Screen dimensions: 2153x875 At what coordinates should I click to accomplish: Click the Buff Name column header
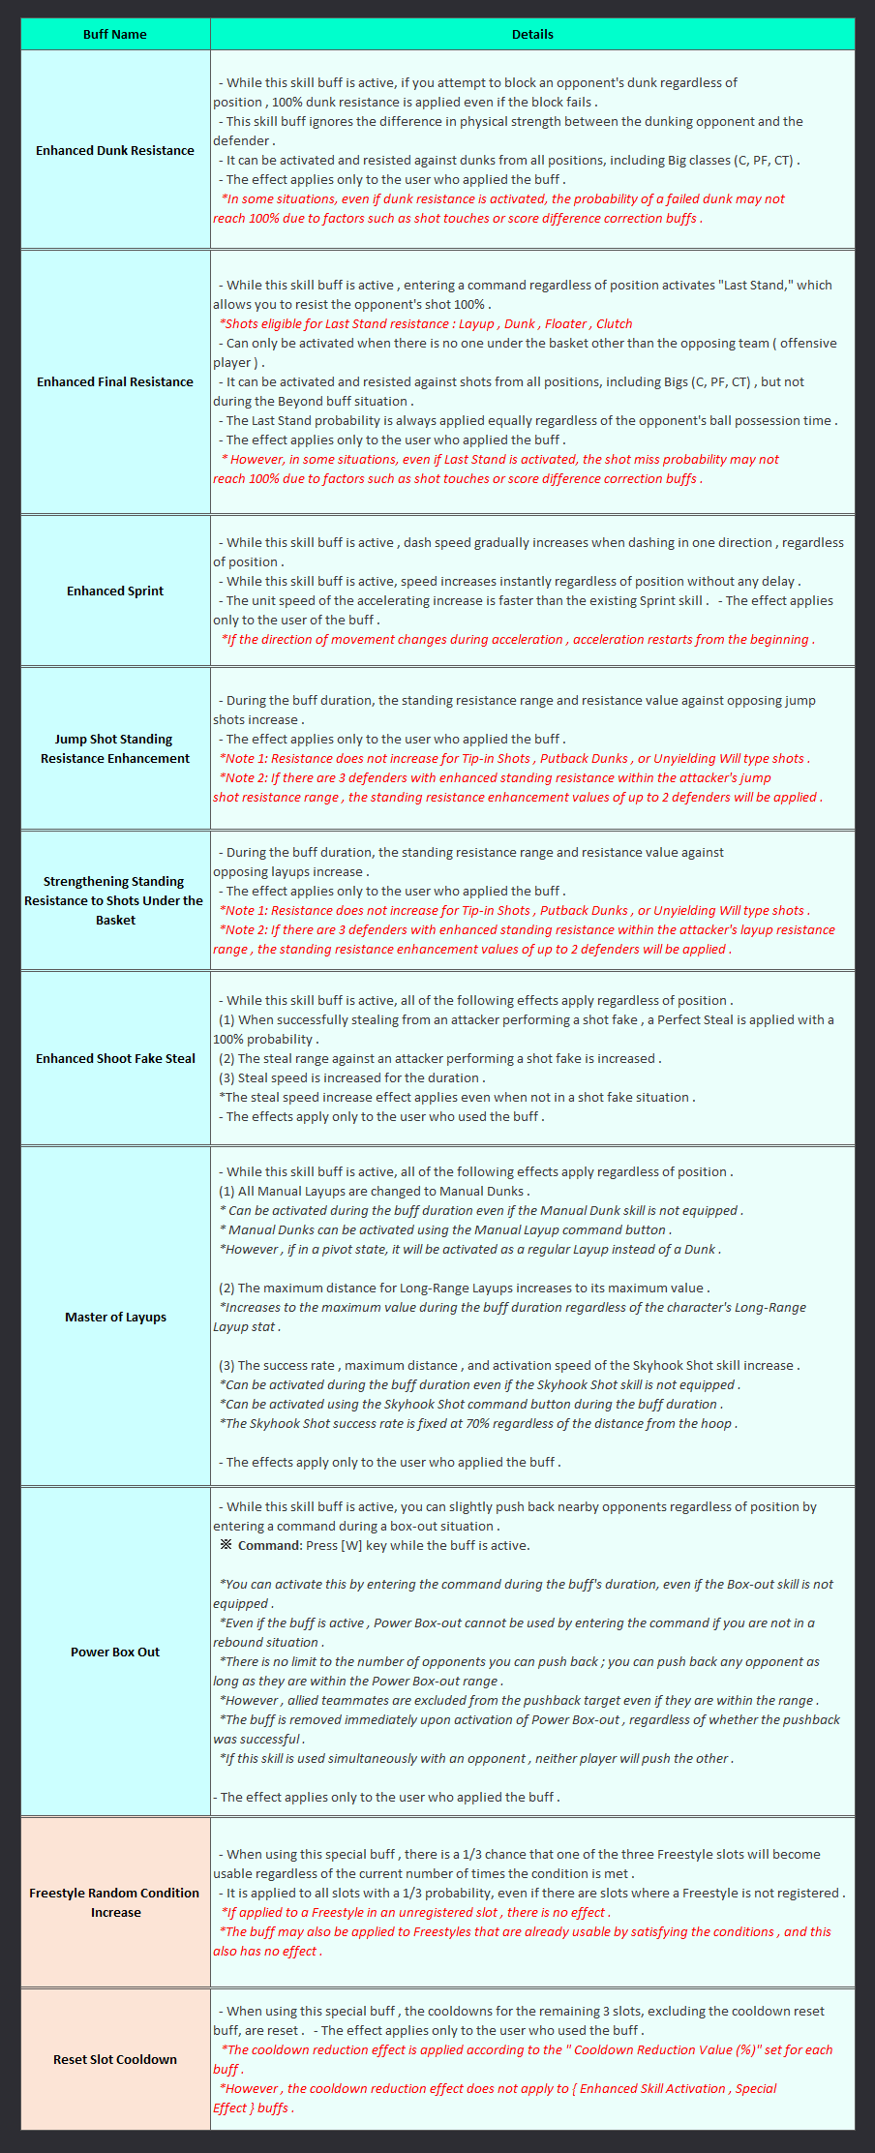point(115,34)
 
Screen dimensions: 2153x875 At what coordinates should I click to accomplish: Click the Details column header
point(532,34)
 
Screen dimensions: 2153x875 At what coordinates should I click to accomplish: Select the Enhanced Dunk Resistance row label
point(115,150)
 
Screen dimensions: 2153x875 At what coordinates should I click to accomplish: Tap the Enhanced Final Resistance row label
point(115,381)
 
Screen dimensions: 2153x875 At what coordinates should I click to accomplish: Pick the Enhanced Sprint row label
point(115,591)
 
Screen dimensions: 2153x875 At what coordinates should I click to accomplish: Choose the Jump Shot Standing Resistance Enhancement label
point(115,748)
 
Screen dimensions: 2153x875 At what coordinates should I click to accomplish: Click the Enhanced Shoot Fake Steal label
point(115,1058)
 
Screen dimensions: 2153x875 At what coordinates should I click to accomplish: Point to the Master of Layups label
point(115,1317)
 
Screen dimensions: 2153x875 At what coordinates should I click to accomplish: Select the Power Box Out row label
point(115,1652)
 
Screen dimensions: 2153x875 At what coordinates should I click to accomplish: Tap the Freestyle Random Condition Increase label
point(115,1902)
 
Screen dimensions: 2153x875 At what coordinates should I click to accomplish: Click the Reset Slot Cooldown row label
point(115,2059)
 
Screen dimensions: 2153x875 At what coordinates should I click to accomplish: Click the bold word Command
point(269,1545)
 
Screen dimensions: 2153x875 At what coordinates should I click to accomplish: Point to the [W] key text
point(351,1545)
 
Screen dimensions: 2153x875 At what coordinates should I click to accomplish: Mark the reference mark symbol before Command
point(226,1545)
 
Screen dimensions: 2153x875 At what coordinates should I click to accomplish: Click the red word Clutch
point(615,323)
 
